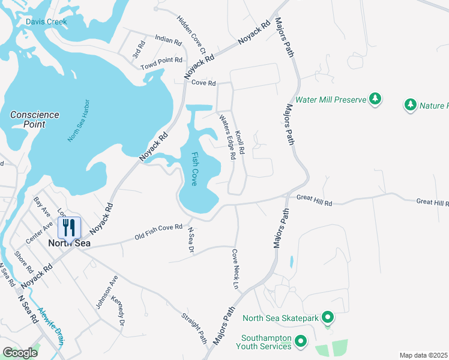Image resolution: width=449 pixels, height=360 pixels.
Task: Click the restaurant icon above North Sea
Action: pos(69,227)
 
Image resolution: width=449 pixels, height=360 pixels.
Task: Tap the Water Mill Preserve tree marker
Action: pos(375,98)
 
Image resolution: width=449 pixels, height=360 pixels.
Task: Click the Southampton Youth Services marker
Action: pos(301,342)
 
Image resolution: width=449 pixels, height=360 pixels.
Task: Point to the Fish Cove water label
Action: pos(195,169)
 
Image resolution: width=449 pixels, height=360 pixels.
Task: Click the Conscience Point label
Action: pos(35,119)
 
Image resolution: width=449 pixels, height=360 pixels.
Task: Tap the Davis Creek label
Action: pos(46,22)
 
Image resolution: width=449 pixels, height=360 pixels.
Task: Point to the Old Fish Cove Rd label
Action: pos(158,231)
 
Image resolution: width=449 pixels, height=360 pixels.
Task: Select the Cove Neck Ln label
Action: pos(236,269)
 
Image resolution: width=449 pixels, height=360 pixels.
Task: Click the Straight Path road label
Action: pos(194,327)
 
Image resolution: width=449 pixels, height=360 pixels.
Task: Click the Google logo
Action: pos(20,353)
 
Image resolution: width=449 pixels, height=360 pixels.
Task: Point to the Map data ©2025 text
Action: pos(423,355)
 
